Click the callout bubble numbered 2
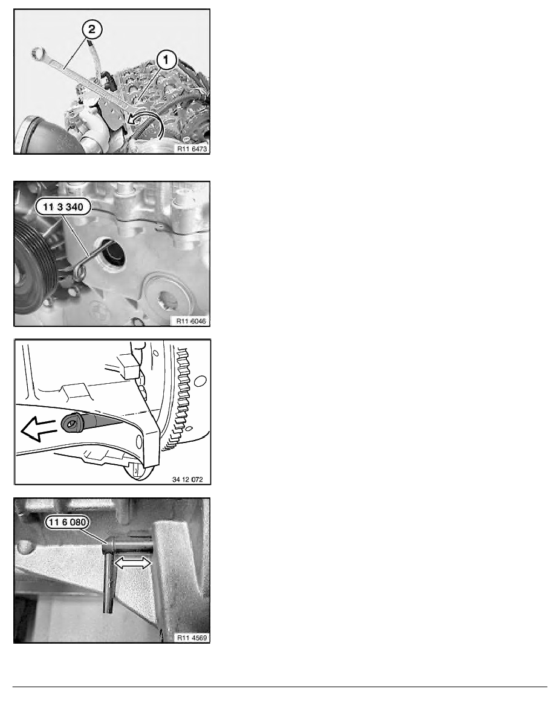tap(92, 29)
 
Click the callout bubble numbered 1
tap(166, 59)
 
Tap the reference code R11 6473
tap(192, 149)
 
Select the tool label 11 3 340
tap(63, 207)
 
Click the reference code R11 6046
tap(192, 321)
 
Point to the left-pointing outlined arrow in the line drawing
tap(39, 430)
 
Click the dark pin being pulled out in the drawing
tap(87, 423)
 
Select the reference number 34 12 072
tap(187, 479)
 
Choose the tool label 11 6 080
tap(67, 522)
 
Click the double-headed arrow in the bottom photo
tap(132, 563)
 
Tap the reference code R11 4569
tap(192, 638)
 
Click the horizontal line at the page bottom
tap(280, 687)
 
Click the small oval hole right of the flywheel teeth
tap(200, 380)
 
